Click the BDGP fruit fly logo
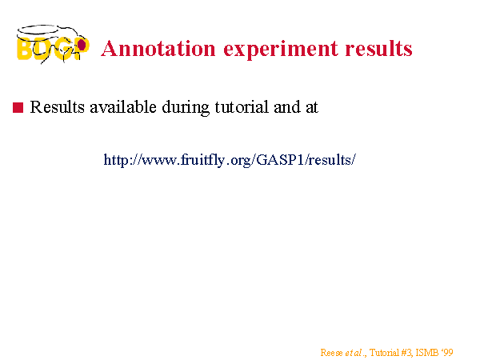tap(53, 44)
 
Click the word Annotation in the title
tap(158, 49)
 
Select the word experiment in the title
tap(281, 50)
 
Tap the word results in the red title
tap(378, 49)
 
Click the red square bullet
tap(18, 107)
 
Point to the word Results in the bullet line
tap(58, 107)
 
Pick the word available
tap(123, 107)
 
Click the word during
tap(186, 108)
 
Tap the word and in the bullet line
tap(287, 107)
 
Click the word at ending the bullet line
tap(312, 108)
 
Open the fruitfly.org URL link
tap(230, 160)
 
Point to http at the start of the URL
tap(117, 160)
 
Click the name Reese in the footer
tap(331, 353)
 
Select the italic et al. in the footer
tap(355, 353)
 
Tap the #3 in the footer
tap(406, 353)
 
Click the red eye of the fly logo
tap(82, 45)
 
